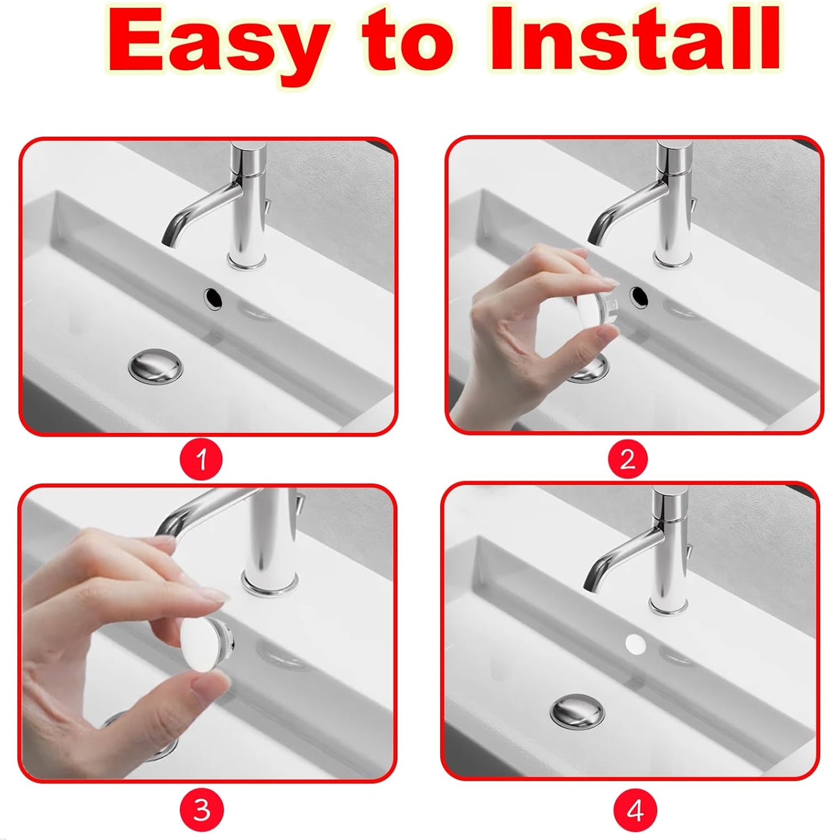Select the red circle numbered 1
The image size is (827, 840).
(x=201, y=459)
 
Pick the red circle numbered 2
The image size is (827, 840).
(x=628, y=459)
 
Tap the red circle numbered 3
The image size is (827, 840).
(x=201, y=810)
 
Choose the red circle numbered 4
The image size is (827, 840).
(x=635, y=810)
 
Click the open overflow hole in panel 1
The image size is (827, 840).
(x=213, y=298)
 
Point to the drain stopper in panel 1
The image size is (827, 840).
(x=156, y=366)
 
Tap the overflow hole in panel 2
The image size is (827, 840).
(x=639, y=296)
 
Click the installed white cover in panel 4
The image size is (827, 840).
(x=635, y=644)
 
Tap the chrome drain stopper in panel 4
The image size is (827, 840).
(x=577, y=711)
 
